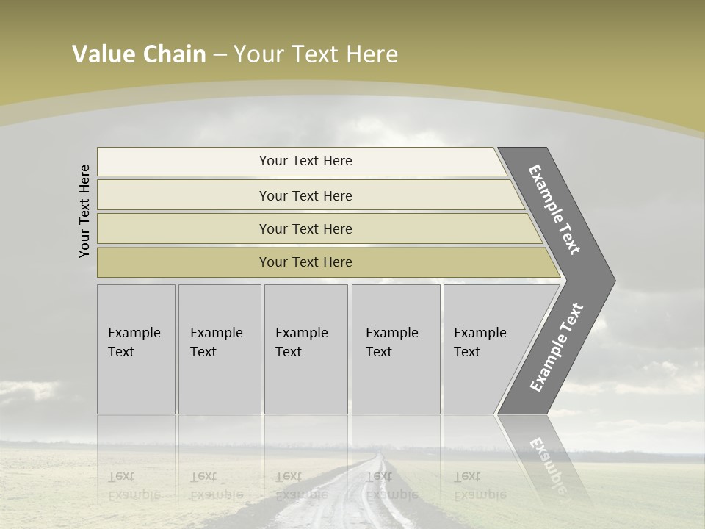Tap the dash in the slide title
220,55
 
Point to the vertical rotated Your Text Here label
84,211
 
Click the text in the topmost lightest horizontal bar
305,161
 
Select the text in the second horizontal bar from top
305,196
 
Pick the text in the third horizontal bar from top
305,229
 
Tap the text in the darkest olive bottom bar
305,262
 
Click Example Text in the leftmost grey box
134,342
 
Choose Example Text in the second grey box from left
216,342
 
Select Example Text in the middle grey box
301,342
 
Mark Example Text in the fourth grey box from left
391,342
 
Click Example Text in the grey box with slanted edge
480,342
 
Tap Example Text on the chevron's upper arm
554,209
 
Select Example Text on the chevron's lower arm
557,347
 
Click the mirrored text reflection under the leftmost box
134,486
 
